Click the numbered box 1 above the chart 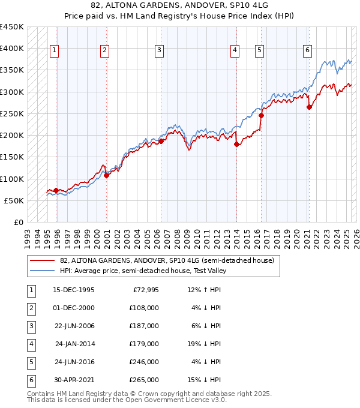[55, 51]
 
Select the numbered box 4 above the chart [235, 51]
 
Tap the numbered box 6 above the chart [307, 51]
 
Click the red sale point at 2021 [310, 107]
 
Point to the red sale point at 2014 [236, 144]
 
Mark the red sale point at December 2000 [106, 175]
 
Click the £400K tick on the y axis [12, 49]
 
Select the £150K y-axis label [12, 157]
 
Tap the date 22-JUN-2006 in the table [74, 326]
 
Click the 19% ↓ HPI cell [204, 344]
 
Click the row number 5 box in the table [31, 362]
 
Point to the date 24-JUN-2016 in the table [74, 362]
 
